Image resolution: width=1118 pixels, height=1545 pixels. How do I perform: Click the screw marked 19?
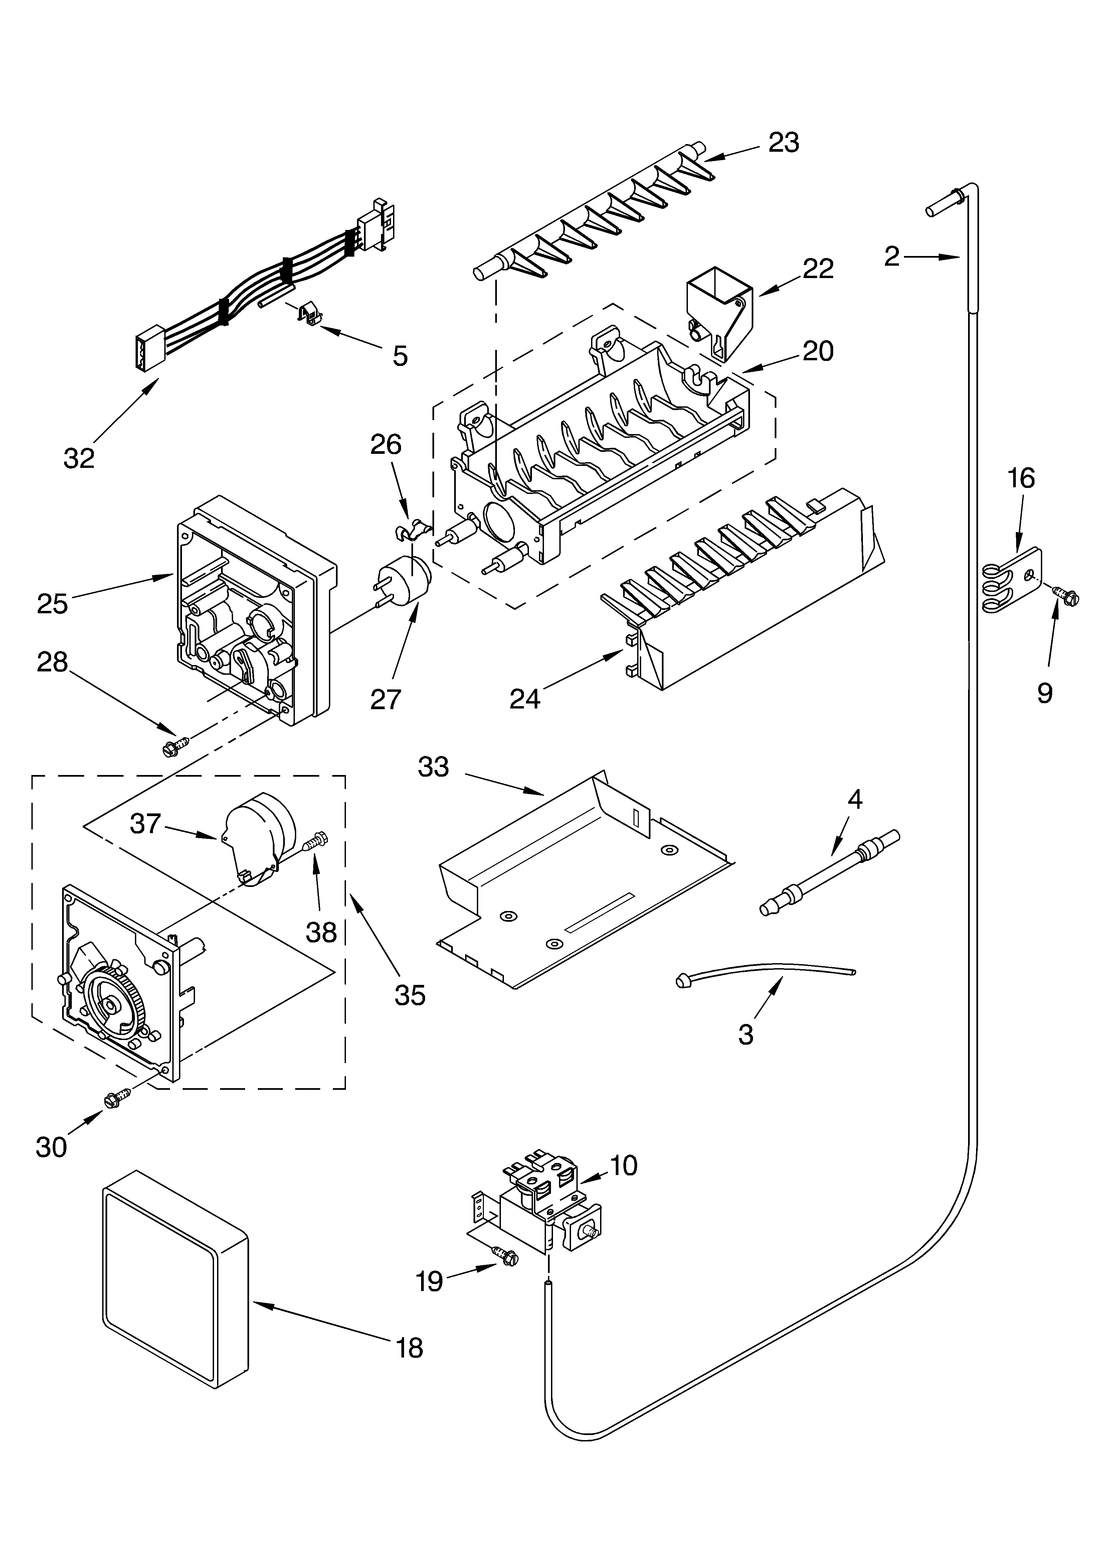click(x=505, y=1254)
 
